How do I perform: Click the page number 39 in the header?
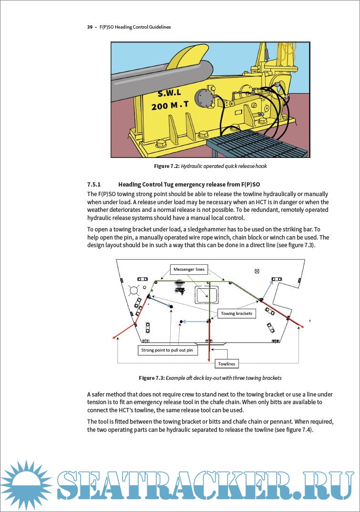90,27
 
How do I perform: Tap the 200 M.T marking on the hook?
170,104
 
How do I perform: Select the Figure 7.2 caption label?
166,167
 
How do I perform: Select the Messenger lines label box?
189,270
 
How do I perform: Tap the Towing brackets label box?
237,313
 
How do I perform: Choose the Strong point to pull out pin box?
167,350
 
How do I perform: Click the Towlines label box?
226,364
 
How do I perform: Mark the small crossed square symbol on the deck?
257,271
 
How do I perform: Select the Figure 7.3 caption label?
152,378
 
